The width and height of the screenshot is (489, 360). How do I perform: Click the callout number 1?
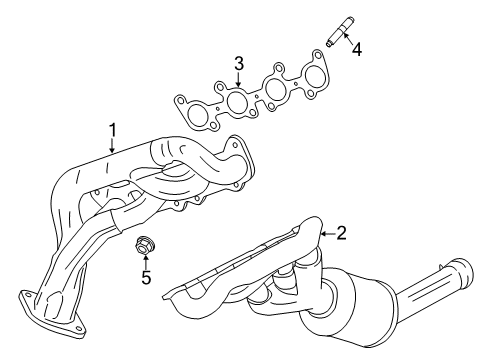coord(113,129)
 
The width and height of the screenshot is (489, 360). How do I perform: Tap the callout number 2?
coord(341,233)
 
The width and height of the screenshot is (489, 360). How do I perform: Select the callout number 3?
coord(239,65)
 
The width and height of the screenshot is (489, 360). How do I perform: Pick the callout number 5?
coord(145,277)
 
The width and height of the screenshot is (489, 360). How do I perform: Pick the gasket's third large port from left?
coord(275,91)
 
